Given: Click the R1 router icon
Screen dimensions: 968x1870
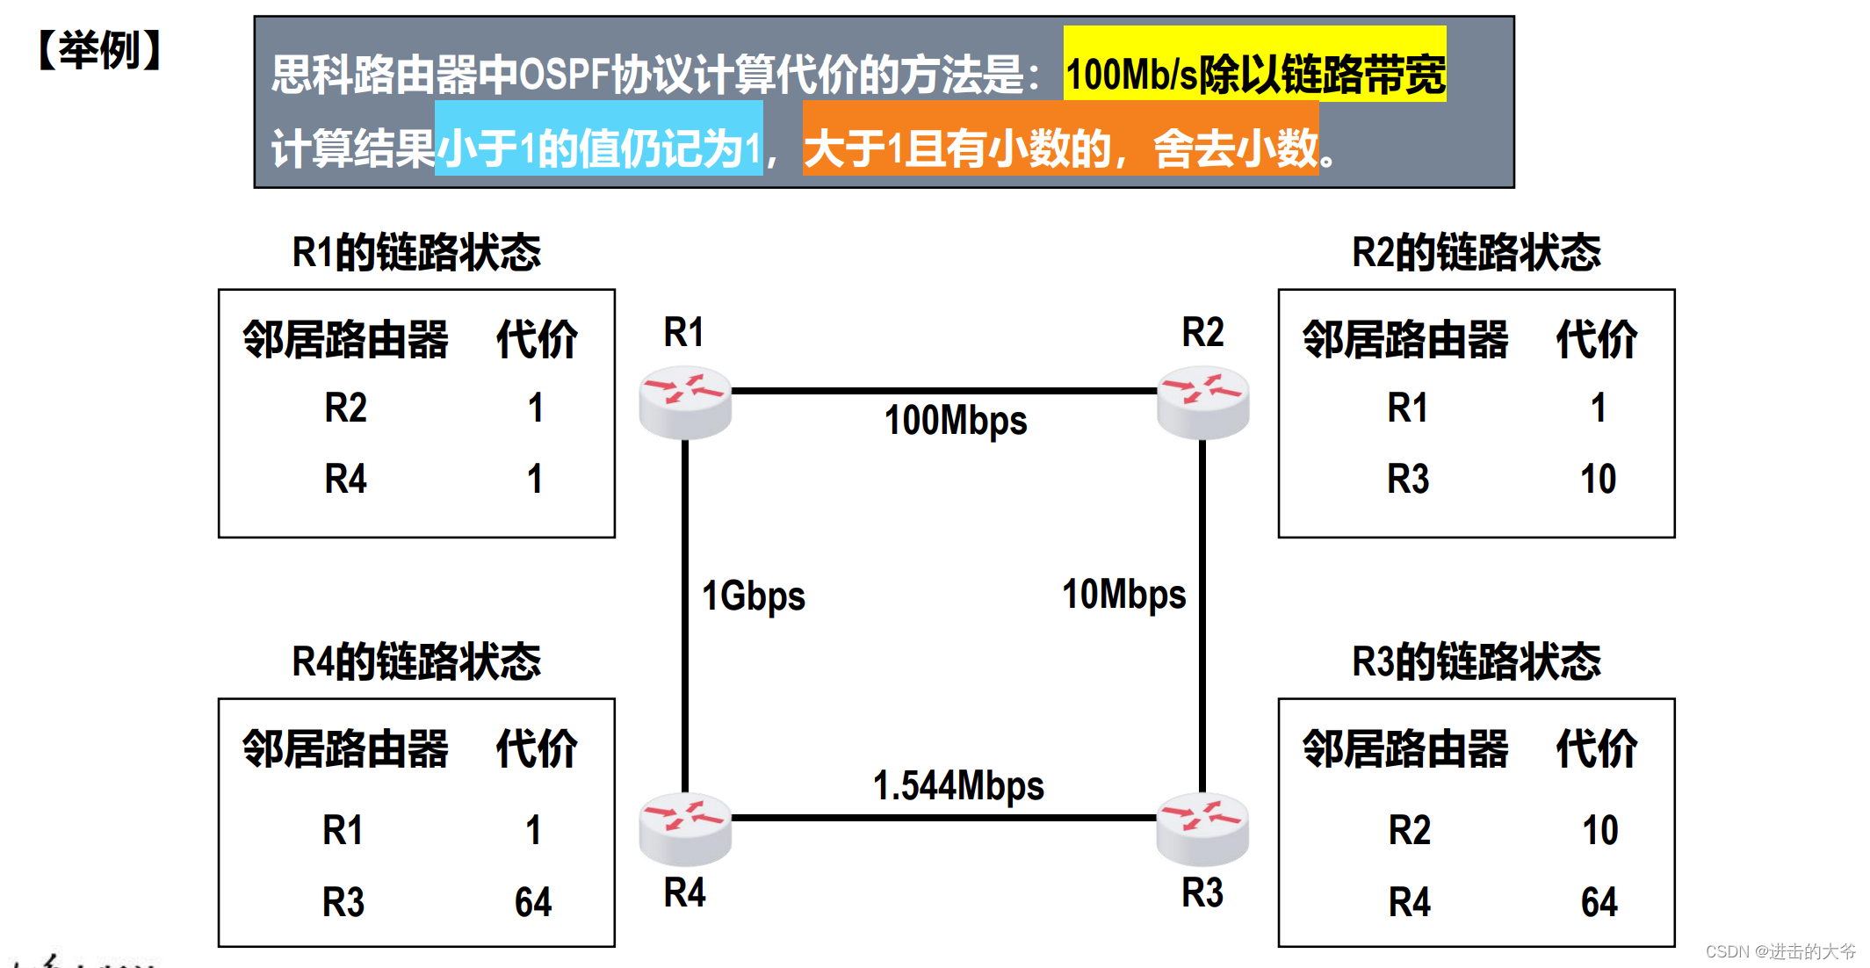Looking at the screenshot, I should [685, 402].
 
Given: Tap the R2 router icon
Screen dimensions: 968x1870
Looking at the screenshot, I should [1202, 402].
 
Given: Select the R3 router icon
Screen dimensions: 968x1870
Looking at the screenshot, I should [1202, 828].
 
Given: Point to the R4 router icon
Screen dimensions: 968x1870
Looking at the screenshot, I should [685, 828].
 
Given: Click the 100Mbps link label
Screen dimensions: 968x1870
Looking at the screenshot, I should [956, 421].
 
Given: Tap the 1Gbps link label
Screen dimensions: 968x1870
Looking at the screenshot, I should [753, 596].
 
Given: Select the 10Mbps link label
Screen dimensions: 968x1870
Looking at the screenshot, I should [1123, 595].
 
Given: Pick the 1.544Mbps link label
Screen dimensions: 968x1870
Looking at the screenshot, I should [958, 785].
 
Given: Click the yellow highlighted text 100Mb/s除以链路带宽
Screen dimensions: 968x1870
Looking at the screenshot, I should [1254, 74].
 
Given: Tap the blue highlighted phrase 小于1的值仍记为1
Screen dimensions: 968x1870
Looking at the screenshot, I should [599, 148].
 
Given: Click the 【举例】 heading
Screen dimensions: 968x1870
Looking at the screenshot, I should [99, 50].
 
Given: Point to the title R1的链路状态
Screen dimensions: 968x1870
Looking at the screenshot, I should [416, 252].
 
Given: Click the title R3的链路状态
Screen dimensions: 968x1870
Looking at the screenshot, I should [1476, 661].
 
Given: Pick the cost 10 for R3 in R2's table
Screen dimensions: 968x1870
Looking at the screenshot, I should [1598, 480].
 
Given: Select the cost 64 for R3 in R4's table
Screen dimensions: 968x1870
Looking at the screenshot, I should [533, 902].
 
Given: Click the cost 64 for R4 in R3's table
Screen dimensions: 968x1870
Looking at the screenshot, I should [1599, 902].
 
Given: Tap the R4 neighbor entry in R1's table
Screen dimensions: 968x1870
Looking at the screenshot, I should [345, 480].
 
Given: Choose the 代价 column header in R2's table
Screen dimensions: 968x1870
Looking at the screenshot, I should [1596, 340].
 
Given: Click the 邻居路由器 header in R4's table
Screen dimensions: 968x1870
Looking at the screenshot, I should [345, 749].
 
